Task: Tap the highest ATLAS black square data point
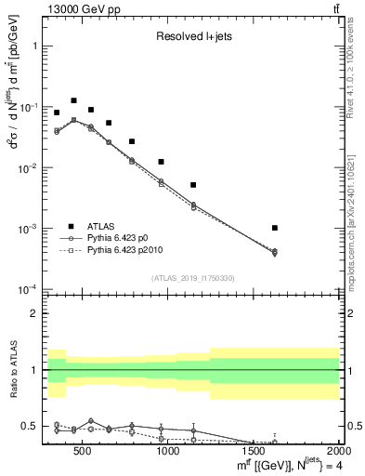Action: pos(73,100)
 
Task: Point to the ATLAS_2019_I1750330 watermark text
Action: pos(192,277)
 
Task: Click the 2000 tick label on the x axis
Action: pos(338,451)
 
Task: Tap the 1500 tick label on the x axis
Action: pos(254,451)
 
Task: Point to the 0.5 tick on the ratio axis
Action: pos(30,427)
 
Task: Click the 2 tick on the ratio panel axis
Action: pos(33,313)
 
